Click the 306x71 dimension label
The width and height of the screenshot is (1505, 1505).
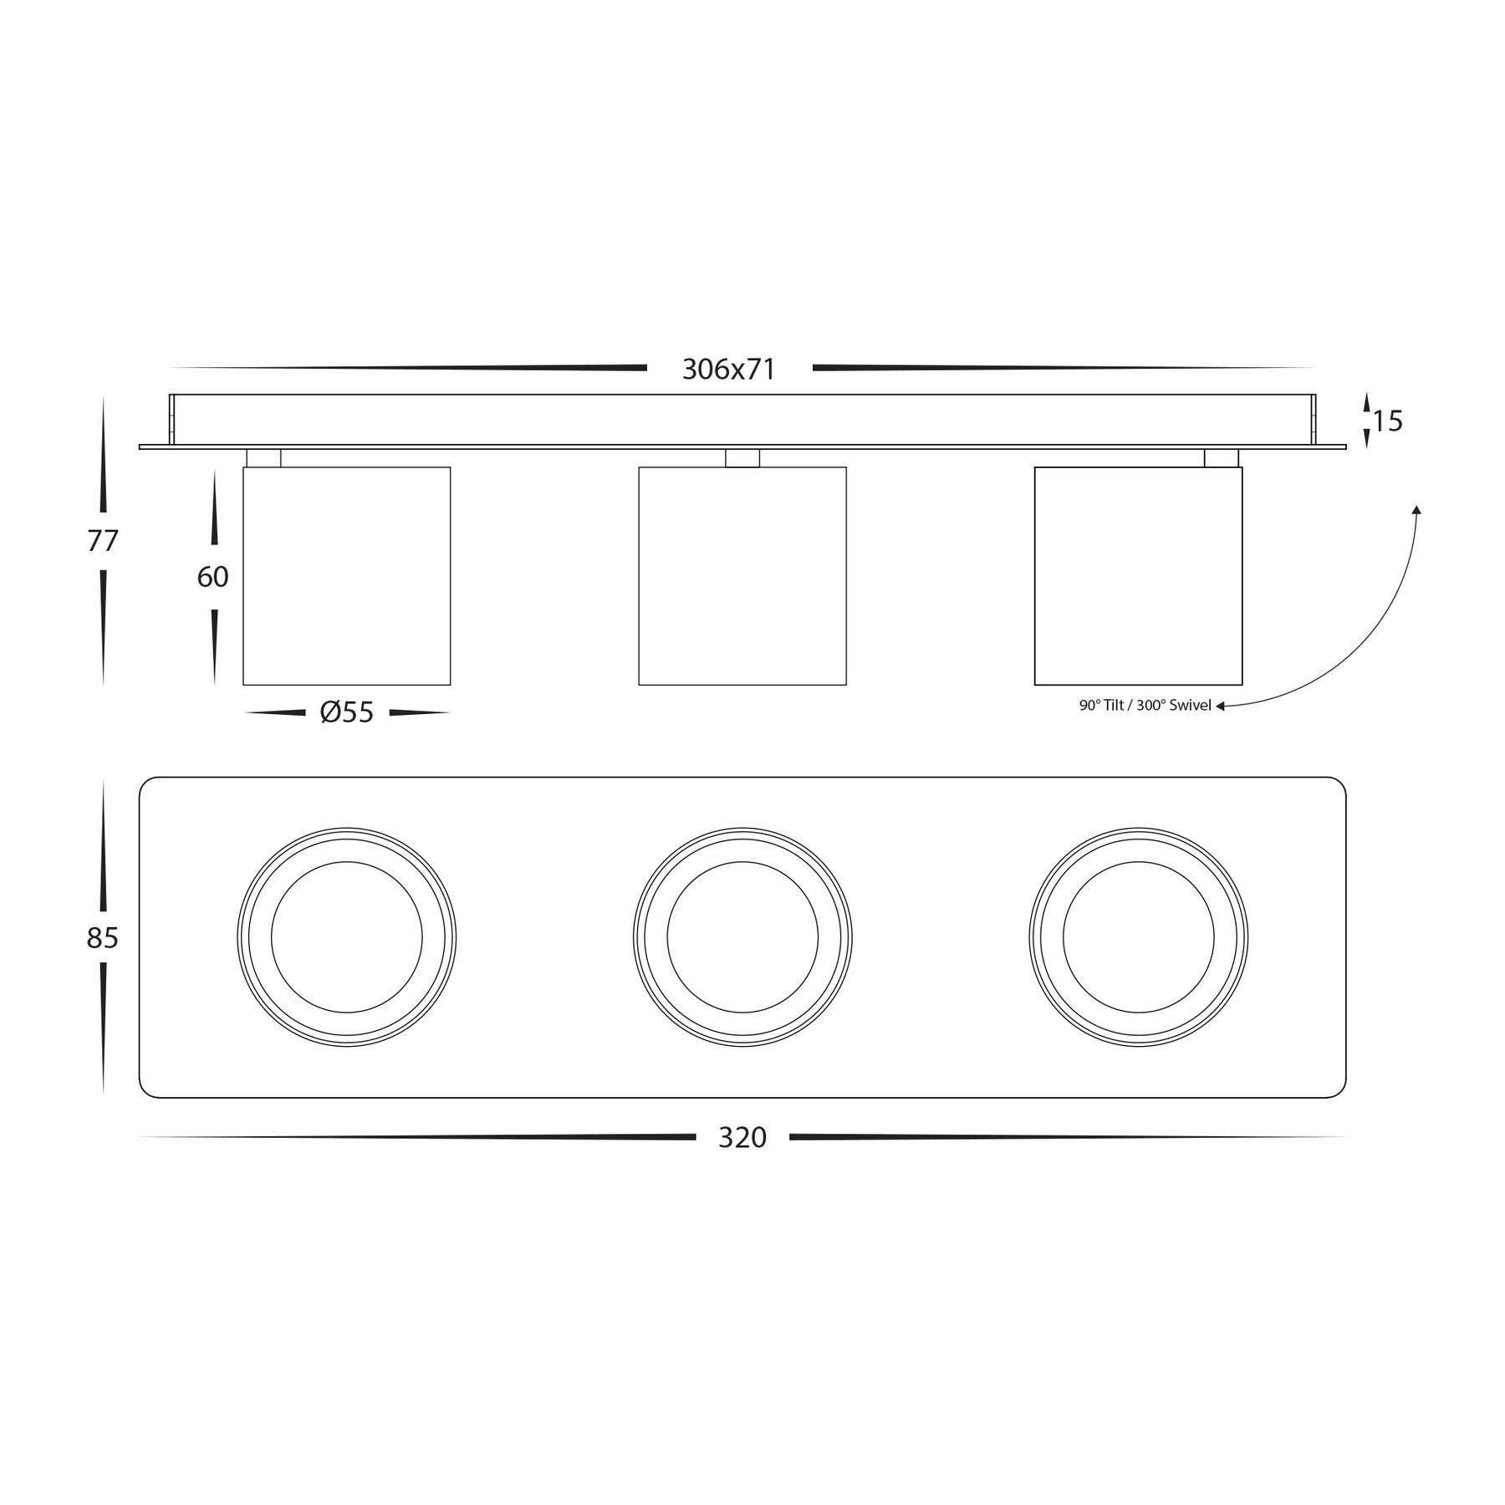pyautogui.click(x=729, y=369)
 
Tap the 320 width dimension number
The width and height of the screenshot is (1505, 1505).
pyautogui.click(x=742, y=1137)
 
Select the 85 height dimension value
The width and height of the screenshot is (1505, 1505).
pyautogui.click(x=103, y=938)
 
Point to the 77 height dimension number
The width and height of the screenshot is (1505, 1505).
pyautogui.click(x=103, y=542)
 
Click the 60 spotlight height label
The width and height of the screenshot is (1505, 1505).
pyautogui.click(x=213, y=577)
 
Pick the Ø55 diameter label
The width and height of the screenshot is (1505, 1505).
pyautogui.click(x=347, y=712)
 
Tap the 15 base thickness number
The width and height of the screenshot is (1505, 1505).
pyautogui.click(x=1387, y=421)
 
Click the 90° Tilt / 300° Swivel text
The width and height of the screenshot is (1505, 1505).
pyautogui.click(x=1145, y=706)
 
